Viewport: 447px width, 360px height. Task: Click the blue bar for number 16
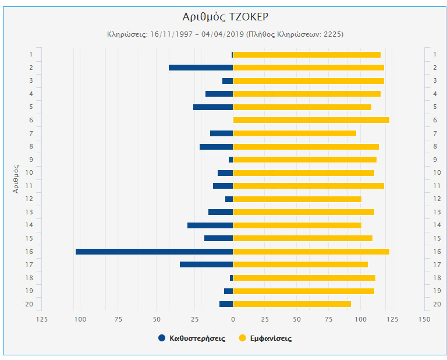tap(154, 252)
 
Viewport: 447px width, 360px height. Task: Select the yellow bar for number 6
tap(311, 120)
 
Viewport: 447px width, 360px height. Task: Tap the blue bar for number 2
tap(201, 68)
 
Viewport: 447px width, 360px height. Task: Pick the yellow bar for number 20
tap(292, 304)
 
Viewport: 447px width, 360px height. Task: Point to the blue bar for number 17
tap(206, 264)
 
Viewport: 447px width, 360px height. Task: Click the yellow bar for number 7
tap(295, 133)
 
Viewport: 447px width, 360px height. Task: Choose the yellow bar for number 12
tap(297, 199)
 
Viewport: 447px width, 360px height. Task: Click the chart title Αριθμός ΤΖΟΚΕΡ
tap(225, 16)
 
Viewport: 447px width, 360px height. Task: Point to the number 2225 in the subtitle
tap(332, 34)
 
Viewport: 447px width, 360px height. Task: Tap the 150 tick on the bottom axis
tap(424, 319)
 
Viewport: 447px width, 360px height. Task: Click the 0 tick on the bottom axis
tap(233, 319)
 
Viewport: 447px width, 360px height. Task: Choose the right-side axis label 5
tap(435, 107)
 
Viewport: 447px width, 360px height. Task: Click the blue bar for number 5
tap(213, 107)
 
